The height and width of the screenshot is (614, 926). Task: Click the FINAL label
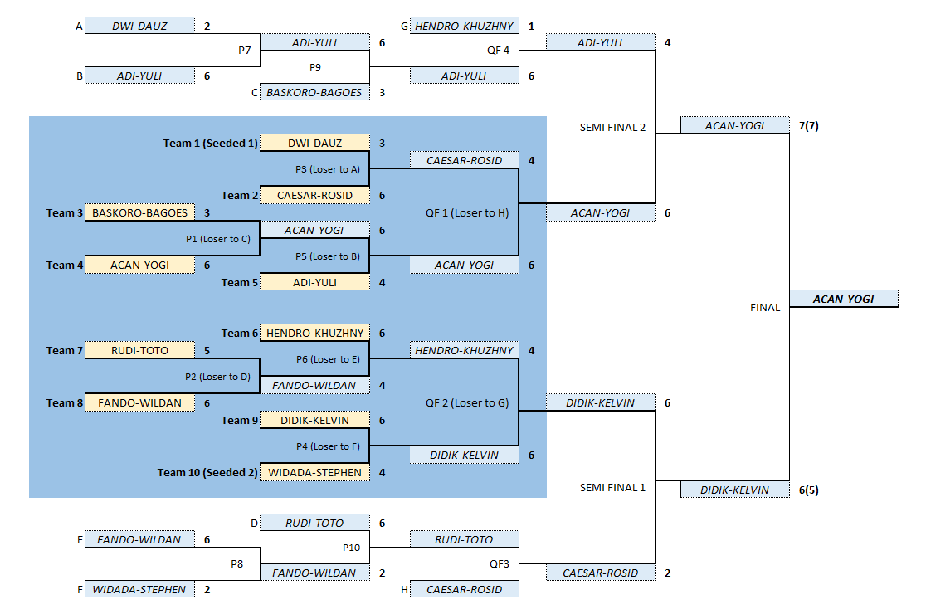click(765, 307)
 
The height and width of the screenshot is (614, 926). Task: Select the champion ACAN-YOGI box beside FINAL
click(844, 299)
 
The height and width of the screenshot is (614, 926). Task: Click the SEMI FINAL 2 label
click(612, 128)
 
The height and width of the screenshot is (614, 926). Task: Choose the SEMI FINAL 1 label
click(612, 487)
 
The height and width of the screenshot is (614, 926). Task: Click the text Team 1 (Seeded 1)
click(210, 144)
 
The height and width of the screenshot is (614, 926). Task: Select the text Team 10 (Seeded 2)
click(207, 473)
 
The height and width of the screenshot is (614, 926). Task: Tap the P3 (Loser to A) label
click(327, 168)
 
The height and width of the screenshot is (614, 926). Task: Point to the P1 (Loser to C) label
click(217, 238)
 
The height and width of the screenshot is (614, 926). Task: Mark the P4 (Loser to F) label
click(327, 446)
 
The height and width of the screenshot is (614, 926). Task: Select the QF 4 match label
click(499, 50)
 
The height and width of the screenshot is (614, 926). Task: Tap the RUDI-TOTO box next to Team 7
click(139, 351)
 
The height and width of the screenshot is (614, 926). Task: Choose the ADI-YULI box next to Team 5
click(314, 282)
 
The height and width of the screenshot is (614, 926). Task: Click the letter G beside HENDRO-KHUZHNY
click(404, 27)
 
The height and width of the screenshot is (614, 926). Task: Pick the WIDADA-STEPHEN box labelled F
click(139, 589)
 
